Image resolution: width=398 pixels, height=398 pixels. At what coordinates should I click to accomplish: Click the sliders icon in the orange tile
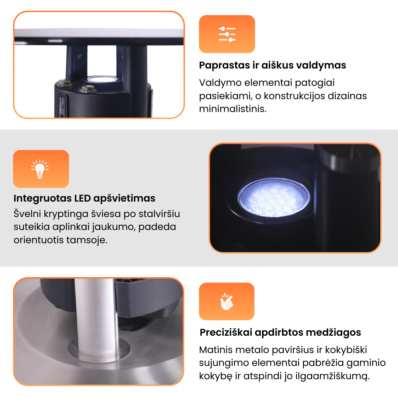(227, 34)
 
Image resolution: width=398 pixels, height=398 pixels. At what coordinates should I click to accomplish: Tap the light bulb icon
(40, 169)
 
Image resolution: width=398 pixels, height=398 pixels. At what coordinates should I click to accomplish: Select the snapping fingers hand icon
(226, 301)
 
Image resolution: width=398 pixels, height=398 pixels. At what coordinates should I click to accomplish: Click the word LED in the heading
(83, 198)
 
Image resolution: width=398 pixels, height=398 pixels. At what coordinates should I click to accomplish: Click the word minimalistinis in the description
(233, 109)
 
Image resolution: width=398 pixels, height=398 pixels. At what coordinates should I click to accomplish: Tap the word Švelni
(27, 214)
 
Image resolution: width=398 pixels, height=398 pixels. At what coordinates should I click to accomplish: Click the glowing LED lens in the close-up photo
(274, 198)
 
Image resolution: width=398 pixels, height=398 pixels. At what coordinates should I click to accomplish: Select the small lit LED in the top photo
(102, 79)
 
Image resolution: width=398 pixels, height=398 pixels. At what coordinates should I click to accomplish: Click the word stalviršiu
(159, 214)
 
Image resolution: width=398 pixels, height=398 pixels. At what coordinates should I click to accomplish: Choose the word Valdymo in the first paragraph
(220, 83)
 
